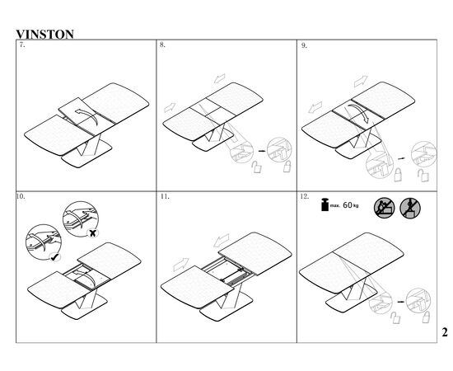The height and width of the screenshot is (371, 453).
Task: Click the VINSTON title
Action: [x=44, y=34]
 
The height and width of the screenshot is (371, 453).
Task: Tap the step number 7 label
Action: [x=22, y=45]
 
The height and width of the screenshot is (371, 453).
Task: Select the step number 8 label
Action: [x=162, y=45]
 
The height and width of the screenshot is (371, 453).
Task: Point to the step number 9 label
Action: [x=304, y=45]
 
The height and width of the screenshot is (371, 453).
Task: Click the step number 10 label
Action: [x=21, y=196]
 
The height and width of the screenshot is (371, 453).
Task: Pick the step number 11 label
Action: [x=165, y=196]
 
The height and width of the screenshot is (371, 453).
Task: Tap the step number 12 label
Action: [x=305, y=196]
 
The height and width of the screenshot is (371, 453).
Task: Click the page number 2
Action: [x=445, y=332]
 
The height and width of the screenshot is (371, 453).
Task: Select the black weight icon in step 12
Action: [x=325, y=204]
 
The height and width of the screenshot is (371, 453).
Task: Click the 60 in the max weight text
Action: [x=348, y=205]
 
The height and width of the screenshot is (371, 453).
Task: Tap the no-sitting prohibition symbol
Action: [x=385, y=208]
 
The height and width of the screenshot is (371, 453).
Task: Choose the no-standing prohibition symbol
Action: [x=410, y=209]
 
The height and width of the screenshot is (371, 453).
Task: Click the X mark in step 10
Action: [x=92, y=233]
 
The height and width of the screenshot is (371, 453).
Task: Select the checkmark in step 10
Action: [x=54, y=256]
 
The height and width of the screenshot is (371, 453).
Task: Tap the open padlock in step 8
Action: [x=256, y=167]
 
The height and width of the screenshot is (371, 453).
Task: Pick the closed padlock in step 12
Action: [x=426, y=317]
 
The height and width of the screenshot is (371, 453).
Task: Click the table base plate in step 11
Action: [x=226, y=306]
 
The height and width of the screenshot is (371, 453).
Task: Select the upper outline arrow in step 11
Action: [x=222, y=240]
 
